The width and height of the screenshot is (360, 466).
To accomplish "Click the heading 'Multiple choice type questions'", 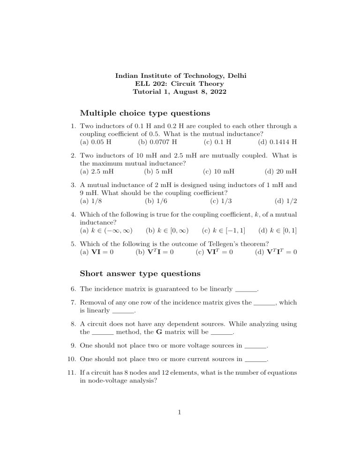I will tap(145, 113).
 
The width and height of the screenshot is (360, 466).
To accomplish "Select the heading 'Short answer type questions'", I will tap(140, 273).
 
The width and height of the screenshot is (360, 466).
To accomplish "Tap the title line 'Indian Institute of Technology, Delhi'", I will tap(180, 75).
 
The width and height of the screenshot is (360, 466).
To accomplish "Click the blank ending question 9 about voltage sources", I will tap(255, 347).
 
